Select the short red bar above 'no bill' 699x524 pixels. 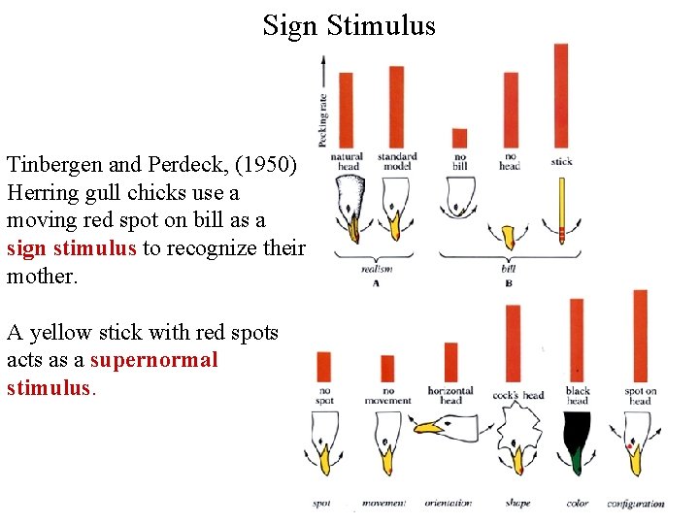pyautogui.click(x=460, y=138)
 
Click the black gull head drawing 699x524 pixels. pyautogui.click(x=578, y=442)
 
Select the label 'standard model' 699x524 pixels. pyautogui.click(x=396, y=161)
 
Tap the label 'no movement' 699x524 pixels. pyautogui.click(x=387, y=396)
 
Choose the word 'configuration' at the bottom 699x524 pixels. pyautogui.click(x=636, y=504)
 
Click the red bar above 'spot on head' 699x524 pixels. pyautogui.click(x=640, y=336)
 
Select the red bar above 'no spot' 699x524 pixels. pyautogui.click(x=324, y=367)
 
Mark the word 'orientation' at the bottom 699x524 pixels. pyautogui.click(x=448, y=504)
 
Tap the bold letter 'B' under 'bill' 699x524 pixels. pyautogui.click(x=509, y=283)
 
